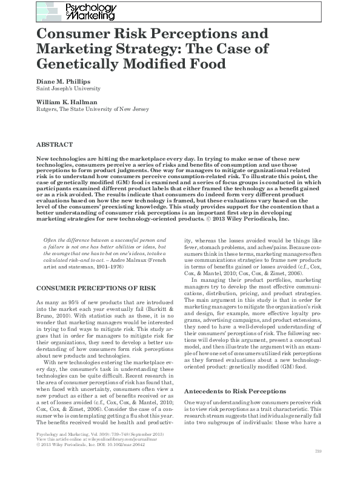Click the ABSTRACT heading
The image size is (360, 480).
coord(55,145)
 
